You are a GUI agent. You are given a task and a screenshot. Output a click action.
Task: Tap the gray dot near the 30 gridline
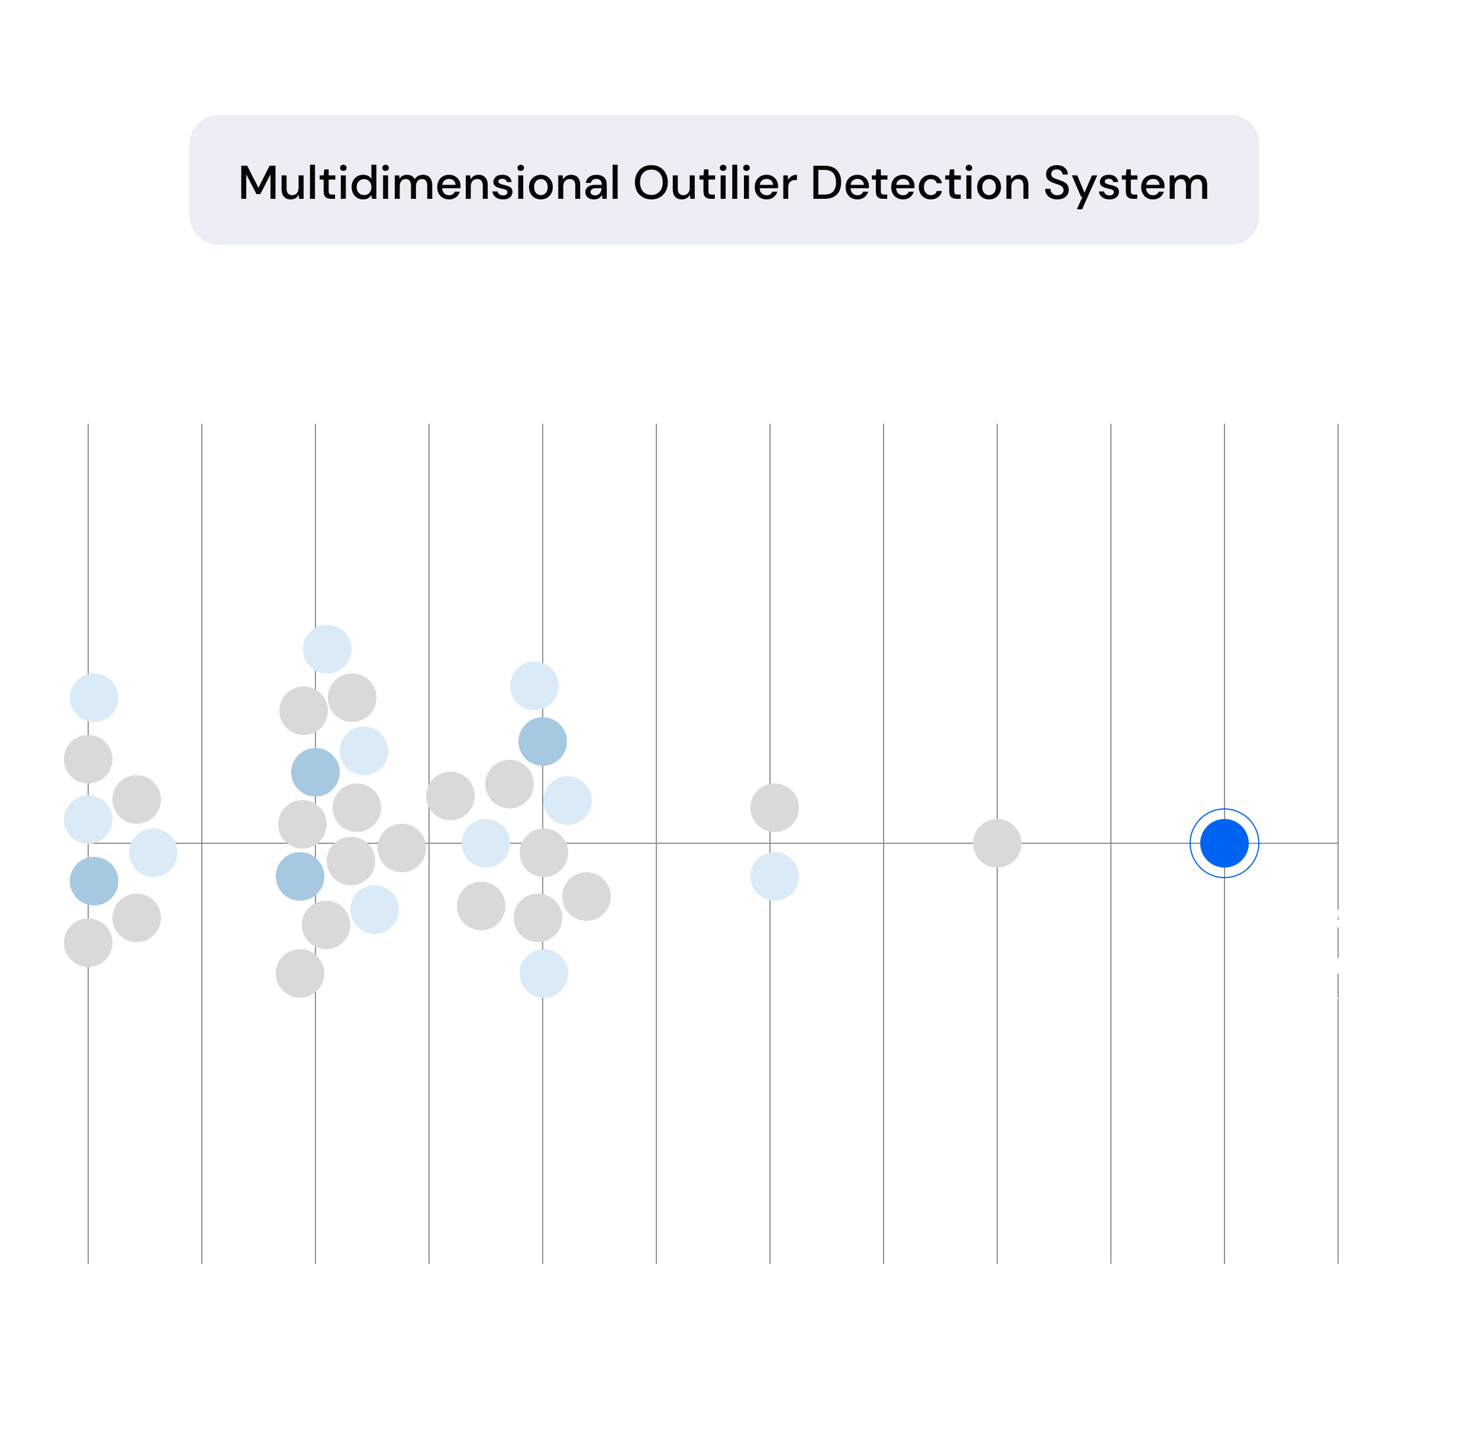pos(774,807)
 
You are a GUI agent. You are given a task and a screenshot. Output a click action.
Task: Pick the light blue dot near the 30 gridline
pos(774,876)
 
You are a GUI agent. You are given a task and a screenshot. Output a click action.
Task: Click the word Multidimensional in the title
pos(429,183)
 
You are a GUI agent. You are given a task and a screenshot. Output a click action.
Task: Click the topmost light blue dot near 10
pos(327,649)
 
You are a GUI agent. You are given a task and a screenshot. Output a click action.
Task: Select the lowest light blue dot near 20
pos(543,973)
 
